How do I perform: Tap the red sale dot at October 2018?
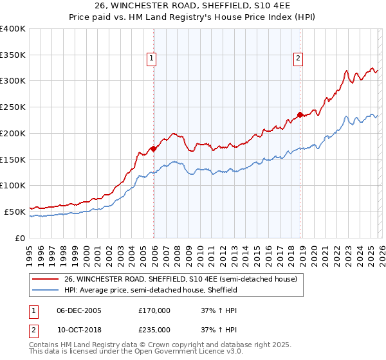(300, 115)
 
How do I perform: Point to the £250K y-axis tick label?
(12, 107)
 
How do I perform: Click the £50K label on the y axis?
(14, 211)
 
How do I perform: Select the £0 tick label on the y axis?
(19, 237)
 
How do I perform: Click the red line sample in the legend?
(45, 280)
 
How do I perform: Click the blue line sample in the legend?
(45, 291)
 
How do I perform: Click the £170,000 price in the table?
(154, 310)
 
